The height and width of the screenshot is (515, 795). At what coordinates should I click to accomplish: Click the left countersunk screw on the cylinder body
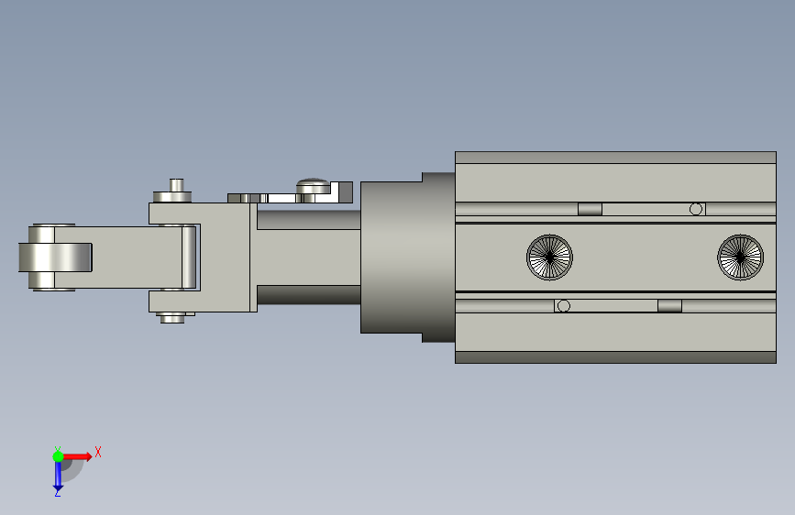tap(549, 257)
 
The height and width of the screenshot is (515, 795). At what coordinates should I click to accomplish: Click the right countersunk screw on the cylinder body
tap(740, 257)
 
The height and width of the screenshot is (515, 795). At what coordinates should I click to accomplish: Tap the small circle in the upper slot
tap(696, 209)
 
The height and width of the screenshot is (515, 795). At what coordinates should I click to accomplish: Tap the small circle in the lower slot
tap(563, 306)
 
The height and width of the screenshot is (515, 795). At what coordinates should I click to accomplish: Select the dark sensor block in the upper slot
tap(590, 209)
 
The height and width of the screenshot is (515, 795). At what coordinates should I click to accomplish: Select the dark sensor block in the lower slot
tap(669, 306)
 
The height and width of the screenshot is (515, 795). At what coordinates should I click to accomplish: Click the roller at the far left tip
tap(55, 257)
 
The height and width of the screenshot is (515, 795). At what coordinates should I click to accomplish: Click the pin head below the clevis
tap(172, 318)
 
